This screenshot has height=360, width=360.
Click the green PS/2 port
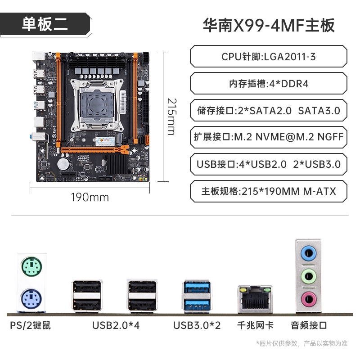(31, 266)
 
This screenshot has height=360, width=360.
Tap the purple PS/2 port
(31, 299)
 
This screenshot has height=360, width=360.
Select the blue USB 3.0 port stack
(197, 297)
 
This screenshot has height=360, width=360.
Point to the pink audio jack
(309, 299)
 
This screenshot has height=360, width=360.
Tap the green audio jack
(309, 277)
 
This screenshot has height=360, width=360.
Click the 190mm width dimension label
(90, 198)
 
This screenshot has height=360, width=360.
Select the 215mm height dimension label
(172, 117)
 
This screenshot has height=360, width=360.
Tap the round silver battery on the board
(63, 164)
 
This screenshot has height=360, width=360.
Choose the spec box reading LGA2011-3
(268, 57)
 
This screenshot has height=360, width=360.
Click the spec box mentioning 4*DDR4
(268, 83)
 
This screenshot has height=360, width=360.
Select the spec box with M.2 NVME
(268, 137)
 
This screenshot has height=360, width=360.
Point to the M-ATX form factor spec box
(268, 191)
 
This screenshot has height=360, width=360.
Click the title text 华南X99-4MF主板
(269, 25)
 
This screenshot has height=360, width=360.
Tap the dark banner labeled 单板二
(46, 25)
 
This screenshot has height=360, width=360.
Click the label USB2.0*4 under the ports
(116, 325)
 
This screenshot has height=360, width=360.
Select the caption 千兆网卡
(255, 325)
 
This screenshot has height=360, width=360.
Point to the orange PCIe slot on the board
(94, 150)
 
